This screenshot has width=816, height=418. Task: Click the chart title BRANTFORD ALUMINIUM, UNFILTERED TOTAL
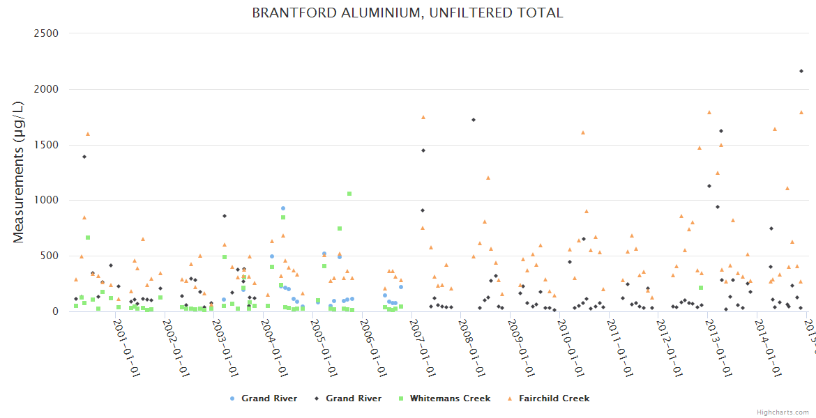407,13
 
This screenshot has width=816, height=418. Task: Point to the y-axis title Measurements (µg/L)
19,172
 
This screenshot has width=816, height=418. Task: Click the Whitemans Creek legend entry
450,398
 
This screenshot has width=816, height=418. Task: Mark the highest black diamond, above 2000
801,71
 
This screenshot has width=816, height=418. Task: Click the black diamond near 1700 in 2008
474,120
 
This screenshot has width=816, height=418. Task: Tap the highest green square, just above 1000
349,194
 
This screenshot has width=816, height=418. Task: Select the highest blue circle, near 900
283,208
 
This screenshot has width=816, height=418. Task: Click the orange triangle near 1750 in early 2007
423,117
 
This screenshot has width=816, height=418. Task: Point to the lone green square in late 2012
701,288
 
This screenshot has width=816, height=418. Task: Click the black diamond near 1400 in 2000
84,157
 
